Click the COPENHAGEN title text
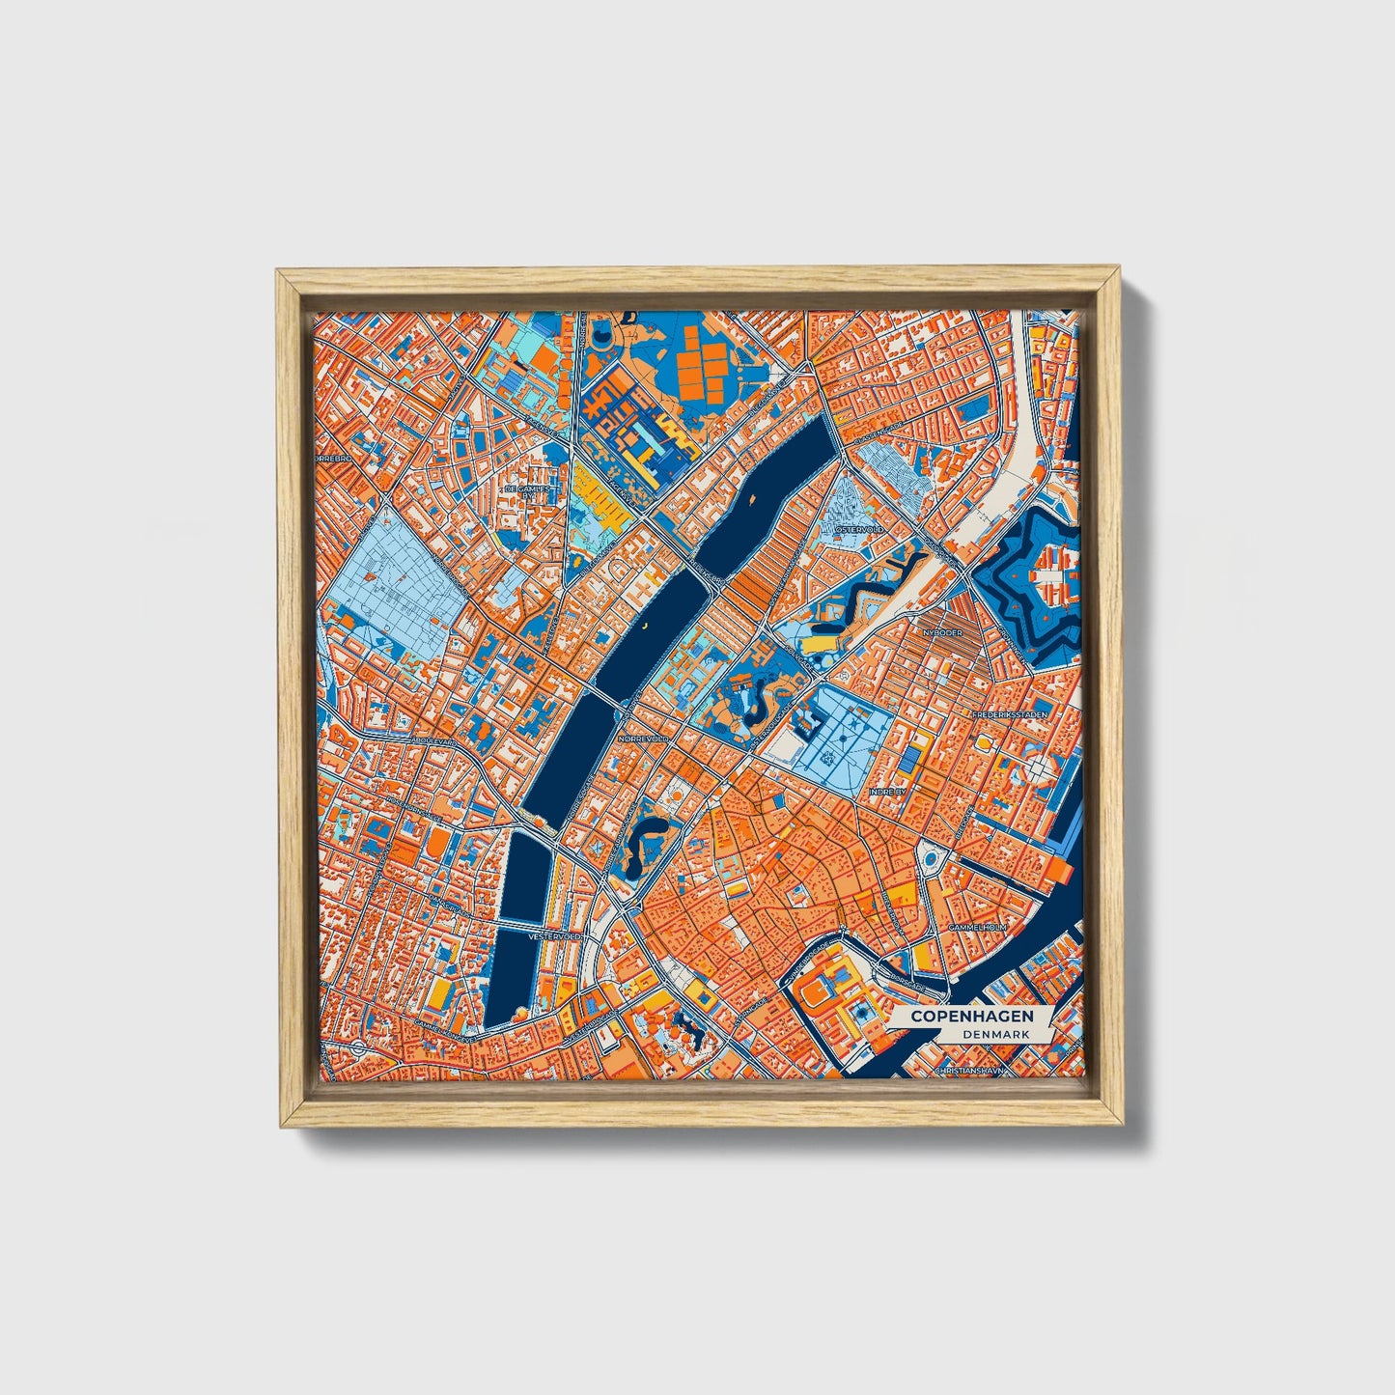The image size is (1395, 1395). coord(971,1017)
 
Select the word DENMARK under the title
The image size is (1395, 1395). coord(994,1034)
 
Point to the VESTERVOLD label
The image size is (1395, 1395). coord(556,936)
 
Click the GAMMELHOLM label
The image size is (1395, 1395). coord(978,927)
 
